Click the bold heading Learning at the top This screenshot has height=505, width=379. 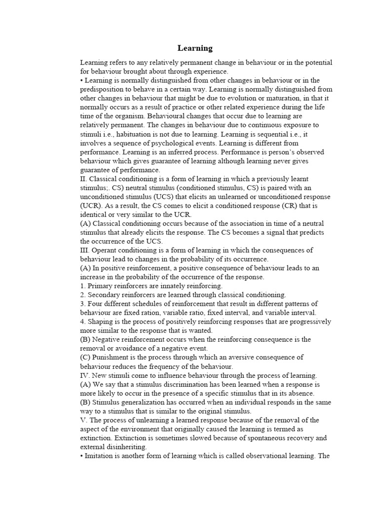(195, 48)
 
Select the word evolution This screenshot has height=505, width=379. (246, 98)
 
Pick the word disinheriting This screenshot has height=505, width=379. (127, 446)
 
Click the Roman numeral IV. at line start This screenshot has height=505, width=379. (85, 375)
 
